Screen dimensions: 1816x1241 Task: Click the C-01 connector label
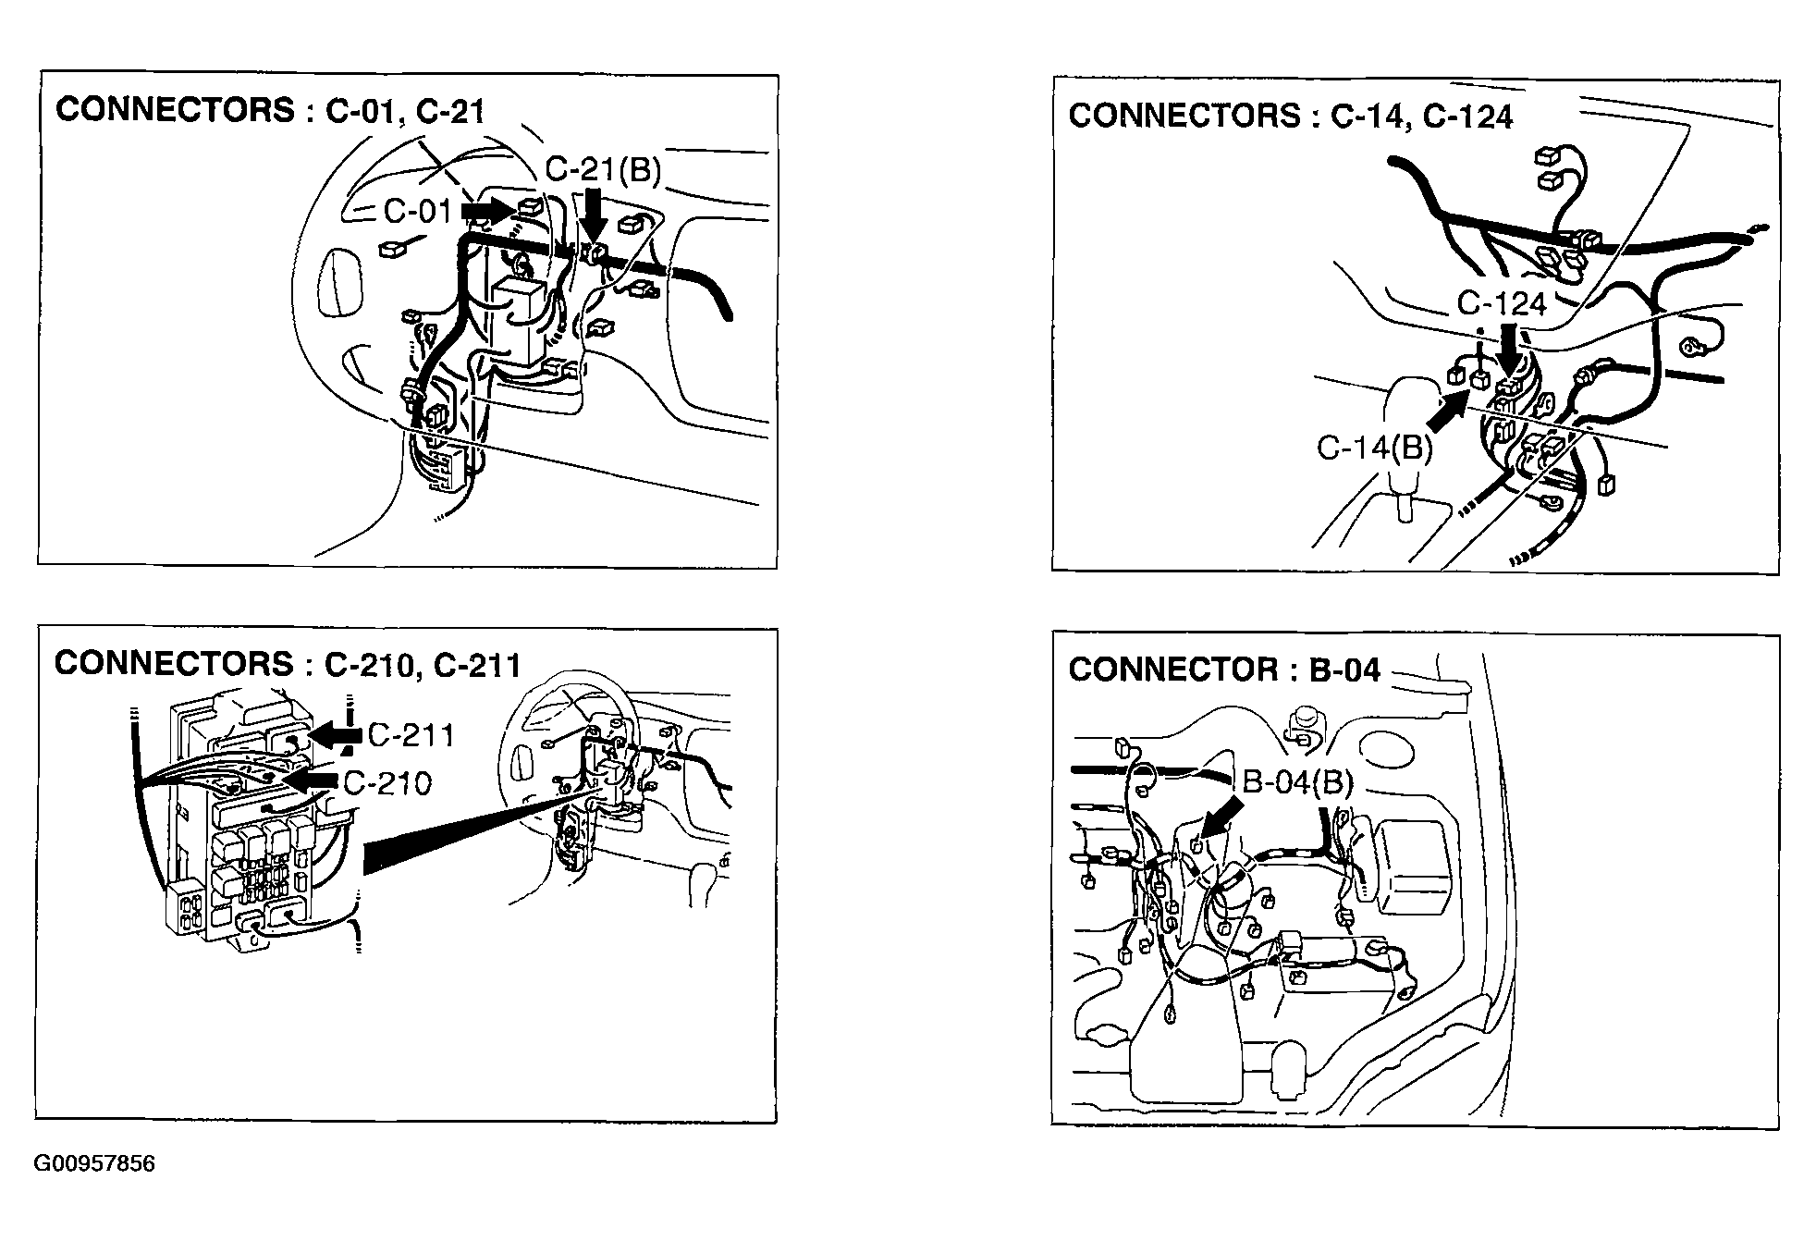pyautogui.click(x=418, y=212)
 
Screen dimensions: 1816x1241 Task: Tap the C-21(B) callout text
pyautogui.click(x=603, y=170)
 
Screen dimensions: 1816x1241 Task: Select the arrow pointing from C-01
pyautogui.click(x=487, y=212)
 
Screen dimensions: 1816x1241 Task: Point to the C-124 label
pyautogui.click(x=1502, y=303)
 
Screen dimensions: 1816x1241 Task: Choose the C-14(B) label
pyautogui.click(x=1374, y=448)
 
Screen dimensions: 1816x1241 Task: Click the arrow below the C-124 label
pyautogui.click(x=1508, y=350)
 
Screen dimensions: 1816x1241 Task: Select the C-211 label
pyautogui.click(x=411, y=735)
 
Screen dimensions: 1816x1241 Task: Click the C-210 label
pyautogui.click(x=387, y=783)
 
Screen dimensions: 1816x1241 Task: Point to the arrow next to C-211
pyautogui.click(x=336, y=735)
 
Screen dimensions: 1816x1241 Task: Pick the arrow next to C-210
pyautogui.click(x=311, y=782)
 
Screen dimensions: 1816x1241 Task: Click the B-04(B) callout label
pyautogui.click(x=1297, y=783)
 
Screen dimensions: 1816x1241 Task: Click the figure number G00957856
pyautogui.click(x=94, y=1163)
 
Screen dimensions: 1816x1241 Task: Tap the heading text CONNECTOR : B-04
pyautogui.click(x=1224, y=670)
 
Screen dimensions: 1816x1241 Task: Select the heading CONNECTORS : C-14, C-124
pyautogui.click(x=1291, y=116)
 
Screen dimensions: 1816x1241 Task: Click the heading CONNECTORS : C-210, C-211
pyautogui.click(x=288, y=664)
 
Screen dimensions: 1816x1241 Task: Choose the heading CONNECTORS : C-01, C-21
pyautogui.click(x=270, y=110)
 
